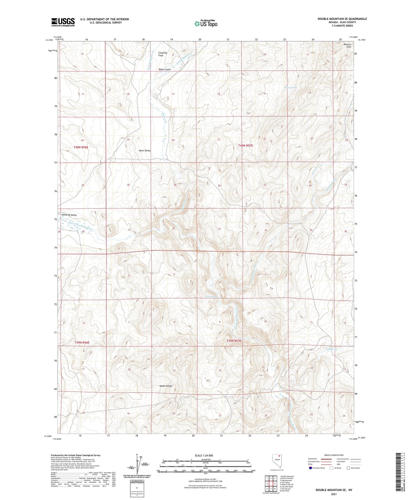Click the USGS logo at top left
click(x=63, y=22)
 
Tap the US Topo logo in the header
click(x=205, y=23)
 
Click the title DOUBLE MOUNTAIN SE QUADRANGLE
click(x=342, y=19)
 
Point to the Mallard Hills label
click(x=347, y=46)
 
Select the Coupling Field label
click(x=162, y=54)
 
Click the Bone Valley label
click(x=145, y=151)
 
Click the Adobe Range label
click(x=166, y=386)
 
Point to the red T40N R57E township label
click(x=246, y=145)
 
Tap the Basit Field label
click(x=164, y=70)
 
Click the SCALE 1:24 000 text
click(x=203, y=456)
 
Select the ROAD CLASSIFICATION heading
click(x=334, y=455)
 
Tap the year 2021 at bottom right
click(x=334, y=494)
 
